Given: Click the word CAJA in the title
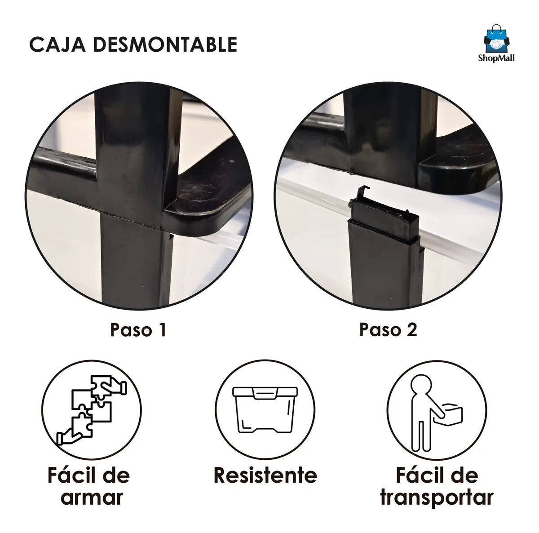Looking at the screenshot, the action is (x=57, y=44).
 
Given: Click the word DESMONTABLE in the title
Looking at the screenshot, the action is (x=165, y=44).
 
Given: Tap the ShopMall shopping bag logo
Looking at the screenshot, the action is (x=496, y=39).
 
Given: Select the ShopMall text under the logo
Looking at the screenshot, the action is (x=496, y=58).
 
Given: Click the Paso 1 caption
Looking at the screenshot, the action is (x=138, y=330).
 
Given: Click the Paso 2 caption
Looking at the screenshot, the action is (x=388, y=330).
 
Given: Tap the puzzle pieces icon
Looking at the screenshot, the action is (x=92, y=410).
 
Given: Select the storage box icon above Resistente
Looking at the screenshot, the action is (x=265, y=410).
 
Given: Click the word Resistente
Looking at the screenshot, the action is (x=265, y=475).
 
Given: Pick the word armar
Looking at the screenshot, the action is (x=92, y=497).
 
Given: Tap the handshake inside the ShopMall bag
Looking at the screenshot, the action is (x=497, y=44).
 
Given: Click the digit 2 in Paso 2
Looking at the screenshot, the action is (x=411, y=330).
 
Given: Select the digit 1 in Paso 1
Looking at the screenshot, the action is (x=163, y=330).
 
